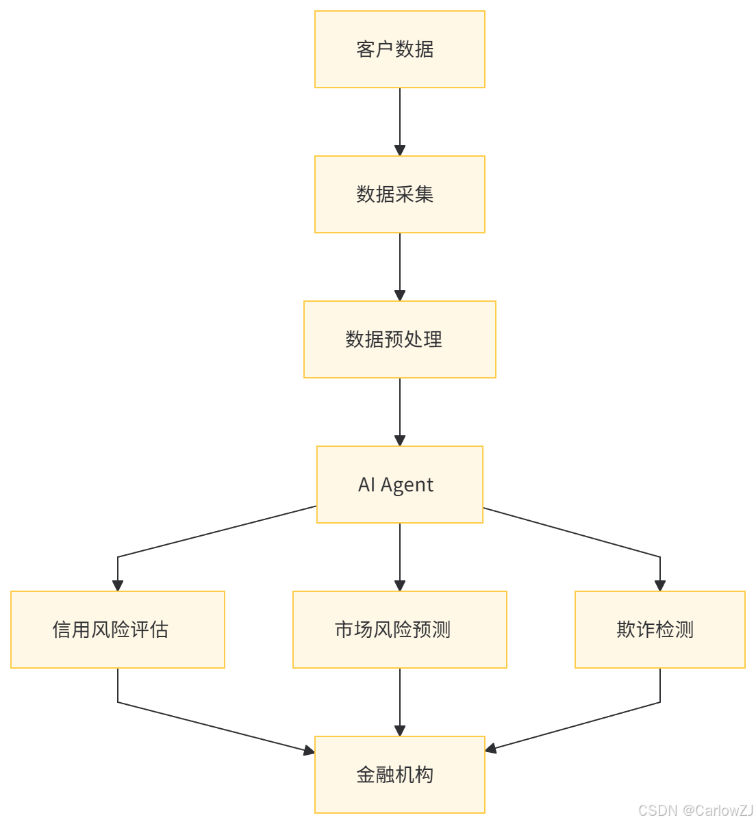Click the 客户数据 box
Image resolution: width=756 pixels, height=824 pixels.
tap(400, 49)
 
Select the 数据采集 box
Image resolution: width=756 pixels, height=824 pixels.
tap(400, 194)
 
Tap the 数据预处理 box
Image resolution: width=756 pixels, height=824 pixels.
tap(400, 339)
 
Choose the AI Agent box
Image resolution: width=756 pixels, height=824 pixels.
tap(400, 485)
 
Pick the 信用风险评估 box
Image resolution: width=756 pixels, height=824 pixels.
tap(118, 630)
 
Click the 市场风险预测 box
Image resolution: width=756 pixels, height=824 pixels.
tap(400, 630)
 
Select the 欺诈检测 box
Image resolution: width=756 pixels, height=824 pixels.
tap(660, 630)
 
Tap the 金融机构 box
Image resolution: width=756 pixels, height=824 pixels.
tap(400, 775)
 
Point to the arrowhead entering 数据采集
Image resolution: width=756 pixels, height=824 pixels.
tap(400, 151)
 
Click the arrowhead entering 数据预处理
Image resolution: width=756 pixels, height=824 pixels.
tap(400, 296)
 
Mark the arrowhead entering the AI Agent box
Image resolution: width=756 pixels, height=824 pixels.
tap(400, 441)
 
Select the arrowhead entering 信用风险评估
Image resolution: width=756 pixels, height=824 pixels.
tap(118, 586)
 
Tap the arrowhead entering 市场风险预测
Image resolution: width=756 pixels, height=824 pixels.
tap(400, 586)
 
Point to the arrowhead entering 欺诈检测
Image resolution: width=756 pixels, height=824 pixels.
tap(660, 586)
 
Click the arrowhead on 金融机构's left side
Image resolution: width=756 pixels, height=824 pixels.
tap(309, 751)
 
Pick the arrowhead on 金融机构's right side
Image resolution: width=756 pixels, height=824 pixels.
tap(491, 749)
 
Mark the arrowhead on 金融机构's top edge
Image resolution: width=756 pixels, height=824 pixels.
tap(400, 731)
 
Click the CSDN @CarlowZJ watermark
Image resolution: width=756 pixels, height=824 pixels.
tap(694, 810)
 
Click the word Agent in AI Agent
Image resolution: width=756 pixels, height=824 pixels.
tap(407, 485)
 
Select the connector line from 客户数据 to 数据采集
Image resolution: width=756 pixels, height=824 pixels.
tap(400, 116)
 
